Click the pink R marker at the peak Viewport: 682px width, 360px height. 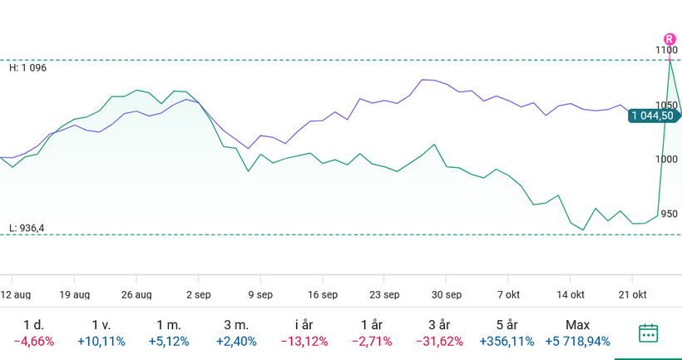tap(670, 39)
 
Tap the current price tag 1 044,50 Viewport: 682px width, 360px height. tap(653, 116)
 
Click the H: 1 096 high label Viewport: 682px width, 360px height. tap(27, 67)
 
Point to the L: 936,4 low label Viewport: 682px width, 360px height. tap(27, 228)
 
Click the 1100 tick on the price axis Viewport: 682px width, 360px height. tap(666, 51)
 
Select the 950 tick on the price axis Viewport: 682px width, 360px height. tap(668, 214)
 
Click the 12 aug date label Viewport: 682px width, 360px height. tap(16, 294)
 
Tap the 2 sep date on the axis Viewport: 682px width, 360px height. tap(199, 294)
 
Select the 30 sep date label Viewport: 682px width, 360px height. tap(447, 294)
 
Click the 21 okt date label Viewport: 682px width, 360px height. tap(633, 294)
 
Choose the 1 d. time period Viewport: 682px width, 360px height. tap(34, 325)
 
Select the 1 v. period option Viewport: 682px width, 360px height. tap(101, 325)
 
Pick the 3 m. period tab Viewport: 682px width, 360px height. tap(236, 325)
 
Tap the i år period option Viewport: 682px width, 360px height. tap(304, 325)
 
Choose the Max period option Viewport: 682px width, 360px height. tap(577, 325)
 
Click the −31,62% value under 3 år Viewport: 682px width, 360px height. tap(440, 342)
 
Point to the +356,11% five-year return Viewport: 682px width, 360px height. tap(509, 342)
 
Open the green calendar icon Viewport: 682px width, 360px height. tap(648, 333)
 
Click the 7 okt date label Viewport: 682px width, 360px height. tap(508, 294)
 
